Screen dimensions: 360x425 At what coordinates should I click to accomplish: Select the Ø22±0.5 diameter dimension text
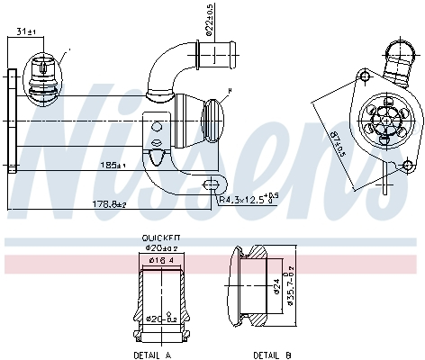pyautogui.click(x=209, y=19)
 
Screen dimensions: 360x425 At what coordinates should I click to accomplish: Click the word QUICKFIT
pyautogui.click(x=157, y=239)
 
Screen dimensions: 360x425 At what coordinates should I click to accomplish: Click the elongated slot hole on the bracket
pyautogui.click(x=212, y=184)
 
